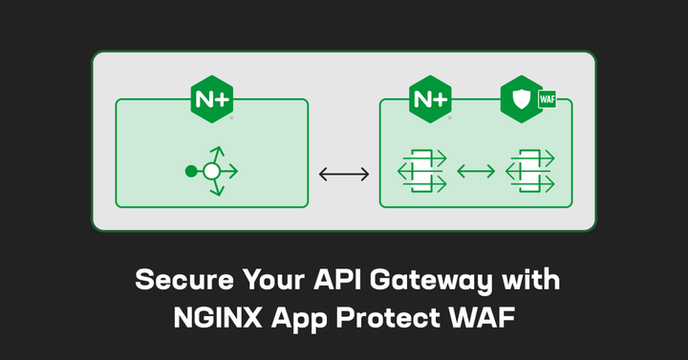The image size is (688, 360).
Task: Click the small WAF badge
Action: pyautogui.click(x=548, y=98)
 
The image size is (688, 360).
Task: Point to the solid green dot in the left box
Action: pyautogui.click(x=191, y=172)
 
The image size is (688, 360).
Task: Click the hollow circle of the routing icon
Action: pyautogui.click(x=212, y=172)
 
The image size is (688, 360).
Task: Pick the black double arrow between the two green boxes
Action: pyautogui.click(x=343, y=173)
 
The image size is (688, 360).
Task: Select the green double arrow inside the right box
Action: pyautogui.click(x=475, y=172)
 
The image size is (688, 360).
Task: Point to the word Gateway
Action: pyautogui.click(x=418, y=282)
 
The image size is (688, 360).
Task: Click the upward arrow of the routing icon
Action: pyautogui.click(x=216, y=152)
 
